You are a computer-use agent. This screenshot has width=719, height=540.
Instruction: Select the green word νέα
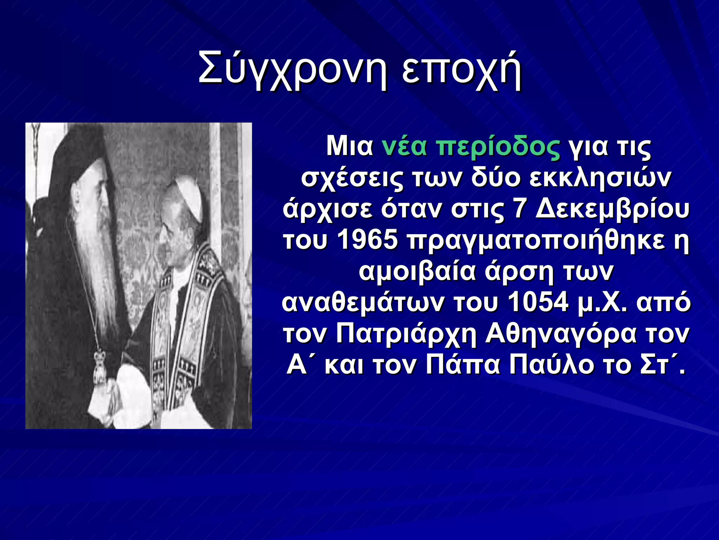pos(404,146)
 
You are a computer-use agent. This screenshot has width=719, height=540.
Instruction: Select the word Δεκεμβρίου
pos(613,210)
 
